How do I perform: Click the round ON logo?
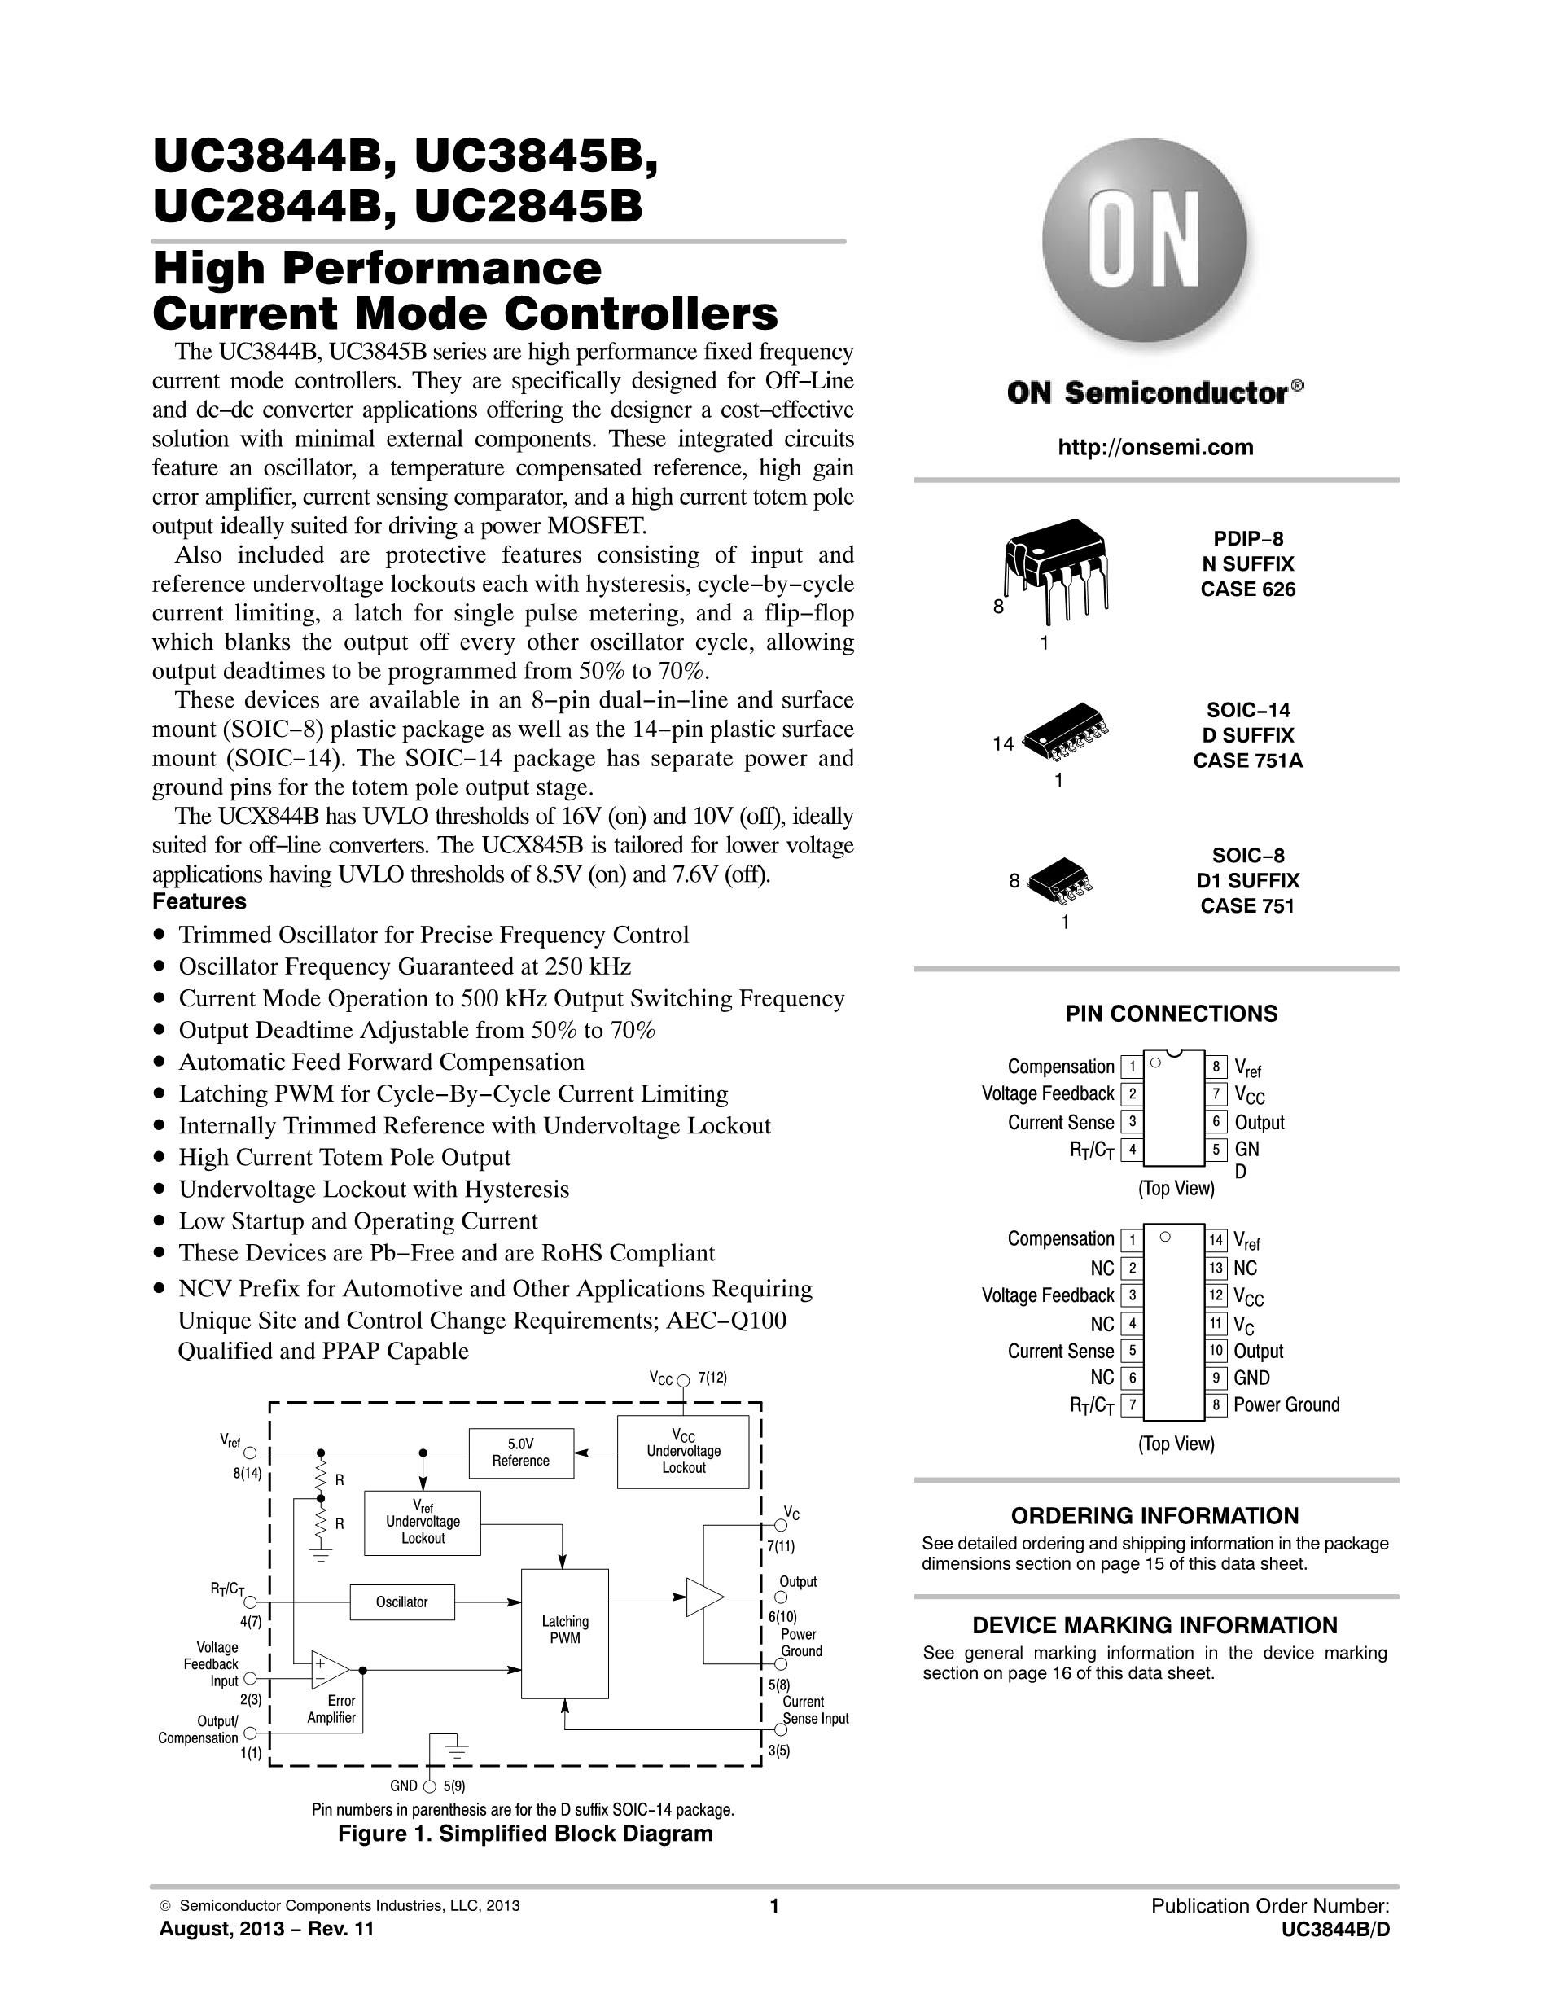coord(1145,240)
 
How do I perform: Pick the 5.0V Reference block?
coord(521,1453)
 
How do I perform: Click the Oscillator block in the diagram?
coord(401,1602)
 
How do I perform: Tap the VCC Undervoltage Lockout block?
coord(683,1452)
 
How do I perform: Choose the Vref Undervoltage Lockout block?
coord(423,1523)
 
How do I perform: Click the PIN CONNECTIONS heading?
coord(1172,1014)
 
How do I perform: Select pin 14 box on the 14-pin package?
coord(1216,1241)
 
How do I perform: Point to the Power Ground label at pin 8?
coord(1286,1404)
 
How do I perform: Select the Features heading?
coord(199,901)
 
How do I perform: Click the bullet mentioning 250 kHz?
coord(392,966)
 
